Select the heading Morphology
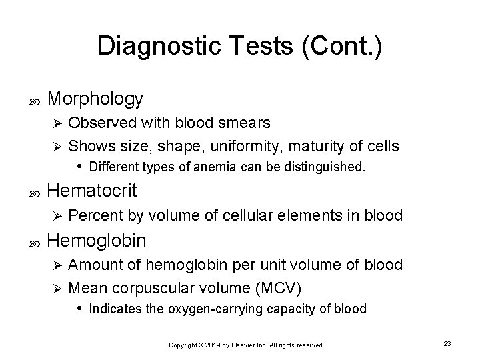(96, 99)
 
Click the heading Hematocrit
(93, 191)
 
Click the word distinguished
(324, 166)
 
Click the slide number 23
(447, 343)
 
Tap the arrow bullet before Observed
(57, 123)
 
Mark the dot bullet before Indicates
(79, 308)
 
